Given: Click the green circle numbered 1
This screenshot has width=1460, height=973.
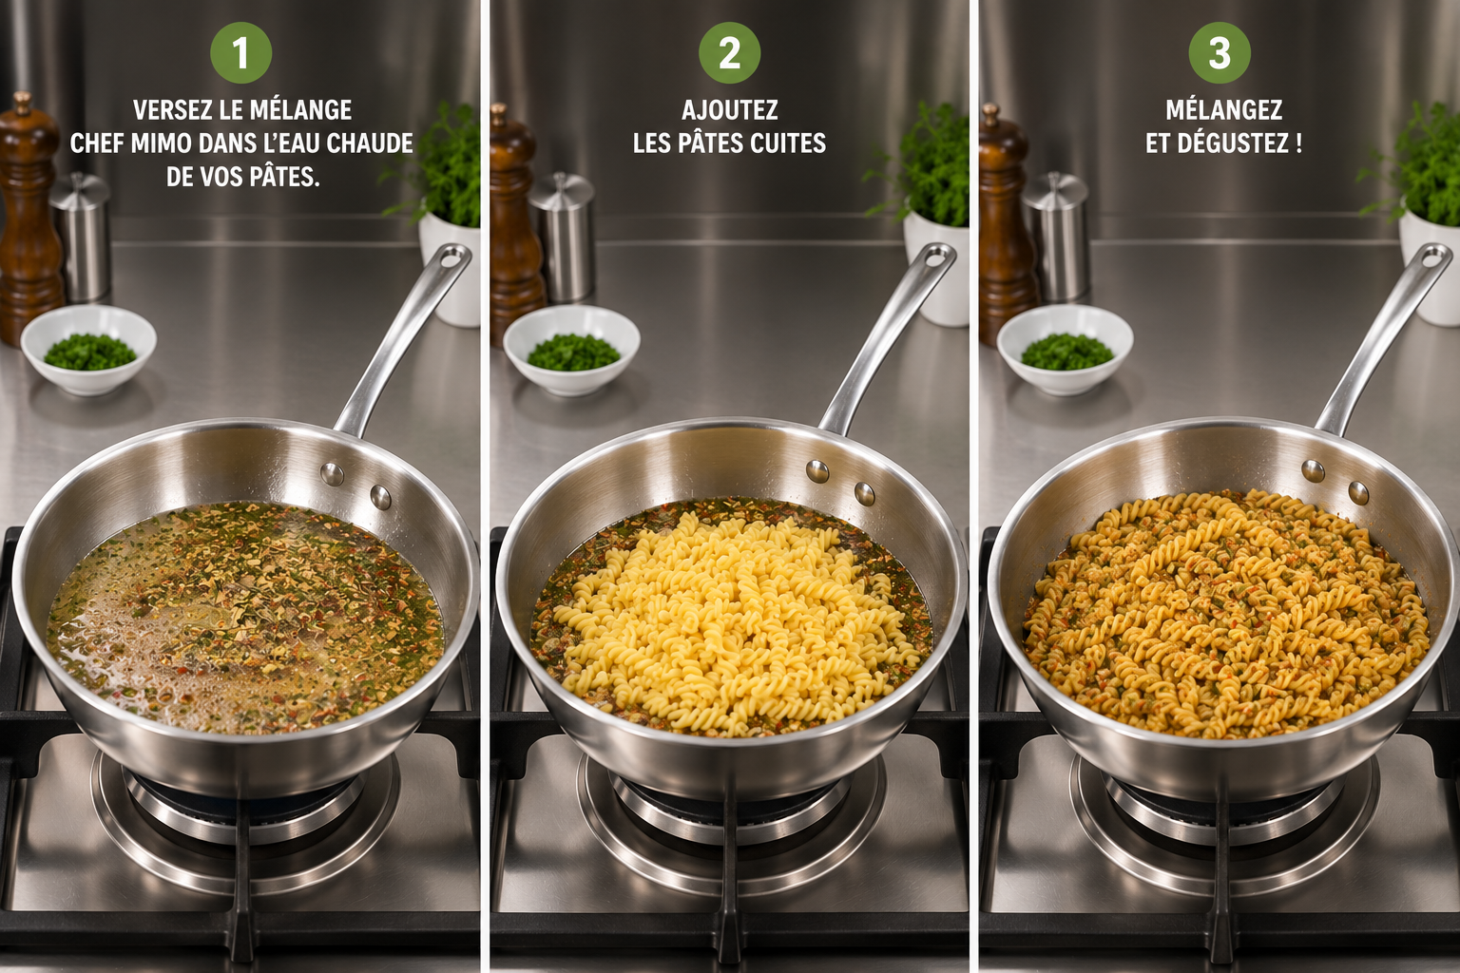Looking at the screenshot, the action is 241,53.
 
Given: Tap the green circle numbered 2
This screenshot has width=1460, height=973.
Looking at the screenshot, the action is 729,53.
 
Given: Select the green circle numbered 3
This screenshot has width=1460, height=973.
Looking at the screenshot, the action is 1220,53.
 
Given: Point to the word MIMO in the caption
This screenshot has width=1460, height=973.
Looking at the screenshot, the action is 163,144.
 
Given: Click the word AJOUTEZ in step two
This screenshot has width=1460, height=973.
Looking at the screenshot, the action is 729,110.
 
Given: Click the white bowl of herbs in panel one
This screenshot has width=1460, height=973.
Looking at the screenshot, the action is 88,350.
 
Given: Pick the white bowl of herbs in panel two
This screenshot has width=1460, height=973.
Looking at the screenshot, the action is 571,350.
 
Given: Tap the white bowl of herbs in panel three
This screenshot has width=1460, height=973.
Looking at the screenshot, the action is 1065,350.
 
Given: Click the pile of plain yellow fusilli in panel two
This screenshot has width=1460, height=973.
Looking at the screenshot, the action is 723,625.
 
